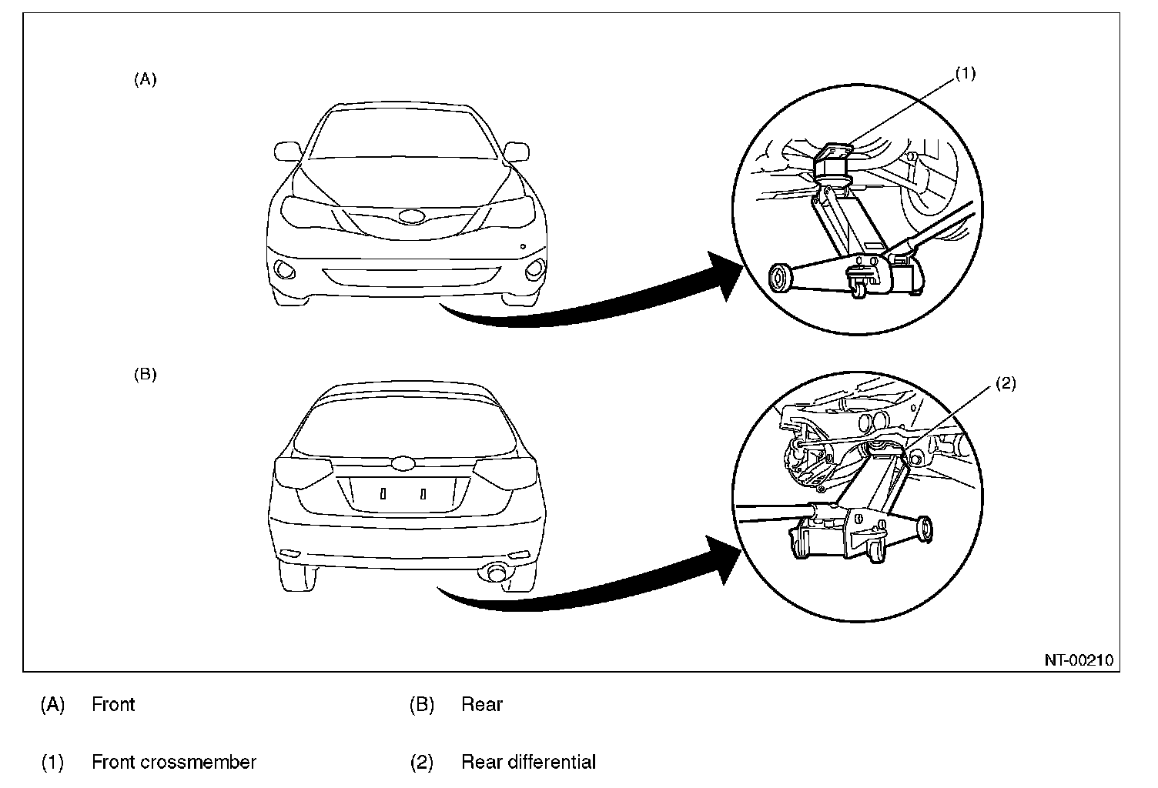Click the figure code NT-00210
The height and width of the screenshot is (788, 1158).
point(1079,659)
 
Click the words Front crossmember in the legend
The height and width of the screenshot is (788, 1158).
point(173,762)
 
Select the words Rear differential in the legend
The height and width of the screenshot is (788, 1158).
point(528,762)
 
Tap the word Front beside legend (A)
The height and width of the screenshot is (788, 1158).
point(113,704)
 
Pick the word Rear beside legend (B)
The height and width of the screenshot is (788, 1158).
point(482,704)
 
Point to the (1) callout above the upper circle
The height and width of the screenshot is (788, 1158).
point(965,73)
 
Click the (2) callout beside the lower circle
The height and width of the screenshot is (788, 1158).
point(1006,384)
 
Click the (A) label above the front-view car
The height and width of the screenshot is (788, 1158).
point(145,78)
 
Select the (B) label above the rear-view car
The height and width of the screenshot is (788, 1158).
point(145,375)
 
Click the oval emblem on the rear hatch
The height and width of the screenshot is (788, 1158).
point(403,464)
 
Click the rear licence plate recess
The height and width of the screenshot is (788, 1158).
point(402,494)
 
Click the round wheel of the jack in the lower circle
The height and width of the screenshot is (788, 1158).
point(923,530)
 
